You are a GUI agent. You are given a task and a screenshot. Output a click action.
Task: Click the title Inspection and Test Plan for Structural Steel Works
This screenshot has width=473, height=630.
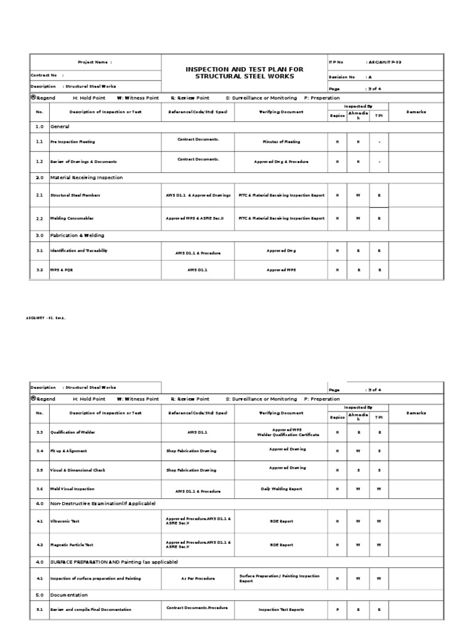245,73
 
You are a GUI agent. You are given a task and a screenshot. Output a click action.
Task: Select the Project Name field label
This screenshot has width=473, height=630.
95,62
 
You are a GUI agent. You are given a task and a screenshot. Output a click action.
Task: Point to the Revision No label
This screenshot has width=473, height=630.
342,77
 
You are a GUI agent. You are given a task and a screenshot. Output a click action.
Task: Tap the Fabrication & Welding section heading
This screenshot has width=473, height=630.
77,235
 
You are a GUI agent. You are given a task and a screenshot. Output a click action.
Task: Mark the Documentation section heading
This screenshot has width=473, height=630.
69,595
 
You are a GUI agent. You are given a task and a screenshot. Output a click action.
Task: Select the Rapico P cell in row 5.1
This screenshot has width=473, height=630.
337,609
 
